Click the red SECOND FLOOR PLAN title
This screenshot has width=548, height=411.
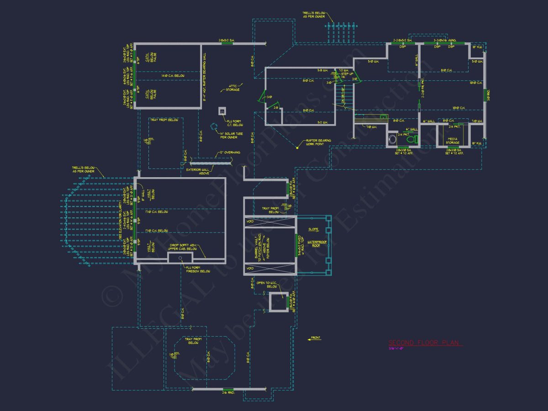(x=425, y=342)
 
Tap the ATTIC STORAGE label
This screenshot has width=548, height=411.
(x=232, y=88)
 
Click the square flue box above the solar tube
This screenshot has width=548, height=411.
(x=222, y=111)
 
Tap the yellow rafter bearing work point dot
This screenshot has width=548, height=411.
(x=297, y=147)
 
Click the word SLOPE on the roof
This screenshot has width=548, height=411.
(x=313, y=229)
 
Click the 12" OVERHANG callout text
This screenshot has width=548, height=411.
(x=229, y=153)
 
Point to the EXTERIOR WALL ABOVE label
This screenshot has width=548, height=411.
(x=198, y=171)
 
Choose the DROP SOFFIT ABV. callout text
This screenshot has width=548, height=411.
(x=193, y=247)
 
